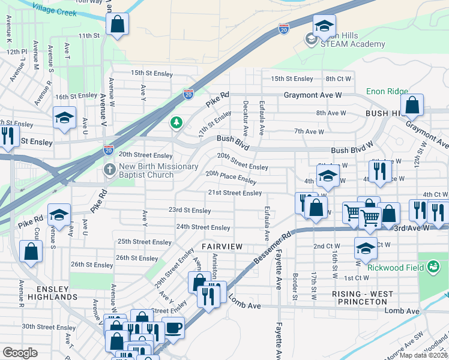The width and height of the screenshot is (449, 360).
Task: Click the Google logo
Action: click(x=20, y=353)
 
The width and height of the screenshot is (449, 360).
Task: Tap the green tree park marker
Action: click(x=176, y=123)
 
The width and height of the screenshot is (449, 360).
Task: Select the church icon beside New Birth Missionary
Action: click(x=109, y=169)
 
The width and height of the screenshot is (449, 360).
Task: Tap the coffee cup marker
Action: click(x=173, y=328)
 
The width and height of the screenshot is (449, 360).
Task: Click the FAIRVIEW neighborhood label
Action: click(x=221, y=247)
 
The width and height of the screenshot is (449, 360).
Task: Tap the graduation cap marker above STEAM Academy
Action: click(x=324, y=26)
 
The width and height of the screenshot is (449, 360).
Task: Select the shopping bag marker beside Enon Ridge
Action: click(x=412, y=105)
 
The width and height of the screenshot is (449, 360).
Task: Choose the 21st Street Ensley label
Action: click(x=235, y=193)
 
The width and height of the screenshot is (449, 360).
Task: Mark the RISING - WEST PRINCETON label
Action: click(x=363, y=298)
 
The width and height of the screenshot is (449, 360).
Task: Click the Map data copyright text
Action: click(x=424, y=355)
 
